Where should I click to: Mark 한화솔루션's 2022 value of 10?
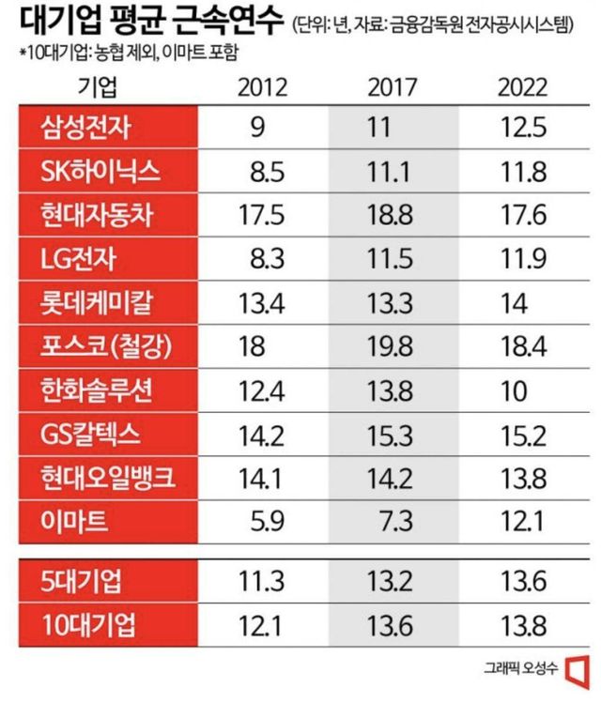tap(516, 389)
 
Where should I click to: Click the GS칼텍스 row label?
tap(91, 433)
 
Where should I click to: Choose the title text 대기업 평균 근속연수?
tap(146, 21)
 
